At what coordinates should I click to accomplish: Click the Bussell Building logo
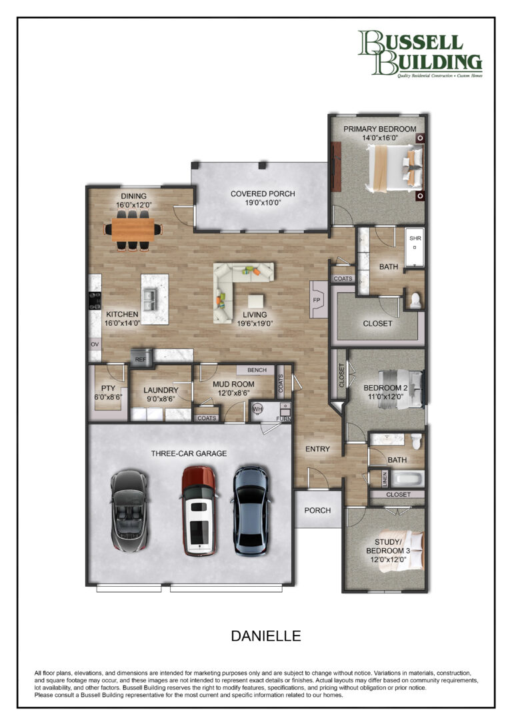point(420,53)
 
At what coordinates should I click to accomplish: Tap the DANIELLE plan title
point(266,636)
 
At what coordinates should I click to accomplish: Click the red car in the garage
point(199,511)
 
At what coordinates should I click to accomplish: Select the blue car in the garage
point(251,510)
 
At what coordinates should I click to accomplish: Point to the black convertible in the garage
point(129,511)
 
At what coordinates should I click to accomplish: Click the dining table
point(133,230)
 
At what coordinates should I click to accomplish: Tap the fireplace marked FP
point(318,299)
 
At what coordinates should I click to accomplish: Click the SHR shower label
point(415,238)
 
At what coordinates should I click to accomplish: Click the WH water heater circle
point(257,409)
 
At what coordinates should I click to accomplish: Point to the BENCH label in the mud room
point(257,370)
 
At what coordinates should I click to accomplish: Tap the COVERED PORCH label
point(263,194)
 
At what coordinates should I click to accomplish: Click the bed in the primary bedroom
point(395,168)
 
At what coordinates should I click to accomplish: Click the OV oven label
point(95,344)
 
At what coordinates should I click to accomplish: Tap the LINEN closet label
point(385,479)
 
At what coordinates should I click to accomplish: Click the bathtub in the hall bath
point(407,479)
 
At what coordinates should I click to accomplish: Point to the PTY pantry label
point(108,389)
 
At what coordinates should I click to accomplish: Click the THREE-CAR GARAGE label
point(189,453)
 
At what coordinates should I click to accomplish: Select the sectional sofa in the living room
point(235,289)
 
